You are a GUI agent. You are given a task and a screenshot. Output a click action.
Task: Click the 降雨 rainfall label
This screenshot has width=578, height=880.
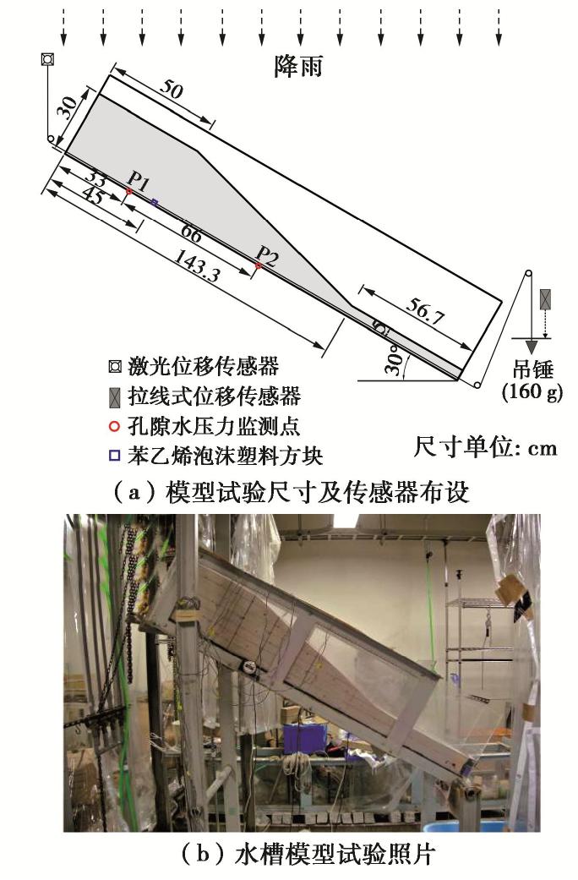click(x=298, y=66)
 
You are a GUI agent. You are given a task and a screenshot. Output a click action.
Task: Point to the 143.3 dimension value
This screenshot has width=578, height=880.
click(x=197, y=265)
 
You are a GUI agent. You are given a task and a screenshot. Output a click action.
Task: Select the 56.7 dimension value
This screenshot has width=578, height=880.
click(x=425, y=311)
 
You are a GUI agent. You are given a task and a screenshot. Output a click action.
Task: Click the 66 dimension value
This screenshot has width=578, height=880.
click(x=191, y=233)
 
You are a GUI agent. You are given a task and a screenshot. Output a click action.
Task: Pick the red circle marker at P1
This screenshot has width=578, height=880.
click(x=129, y=191)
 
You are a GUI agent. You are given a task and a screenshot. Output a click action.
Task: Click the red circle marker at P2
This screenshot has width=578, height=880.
click(x=258, y=265)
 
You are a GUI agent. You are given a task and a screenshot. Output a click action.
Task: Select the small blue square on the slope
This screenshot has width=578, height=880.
click(x=155, y=201)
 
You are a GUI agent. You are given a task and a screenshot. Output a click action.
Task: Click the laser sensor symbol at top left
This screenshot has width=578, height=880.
click(x=47, y=59)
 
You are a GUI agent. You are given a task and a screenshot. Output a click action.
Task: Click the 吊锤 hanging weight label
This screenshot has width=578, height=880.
click(x=533, y=370)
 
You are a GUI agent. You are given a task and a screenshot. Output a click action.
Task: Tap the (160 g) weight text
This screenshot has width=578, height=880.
click(x=532, y=391)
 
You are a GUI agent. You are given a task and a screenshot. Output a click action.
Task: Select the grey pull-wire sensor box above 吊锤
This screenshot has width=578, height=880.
click(x=544, y=299)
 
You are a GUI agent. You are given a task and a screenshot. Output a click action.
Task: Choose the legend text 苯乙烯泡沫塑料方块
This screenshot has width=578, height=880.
click(x=225, y=455)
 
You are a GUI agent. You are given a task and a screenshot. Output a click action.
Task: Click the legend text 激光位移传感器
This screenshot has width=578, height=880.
click(x=203, y=367)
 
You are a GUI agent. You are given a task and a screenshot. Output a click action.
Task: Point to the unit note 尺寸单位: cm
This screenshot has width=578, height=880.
click(x=485, y=447)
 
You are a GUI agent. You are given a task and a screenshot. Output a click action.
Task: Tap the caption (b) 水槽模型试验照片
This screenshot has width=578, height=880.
click(x=308, y=855)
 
